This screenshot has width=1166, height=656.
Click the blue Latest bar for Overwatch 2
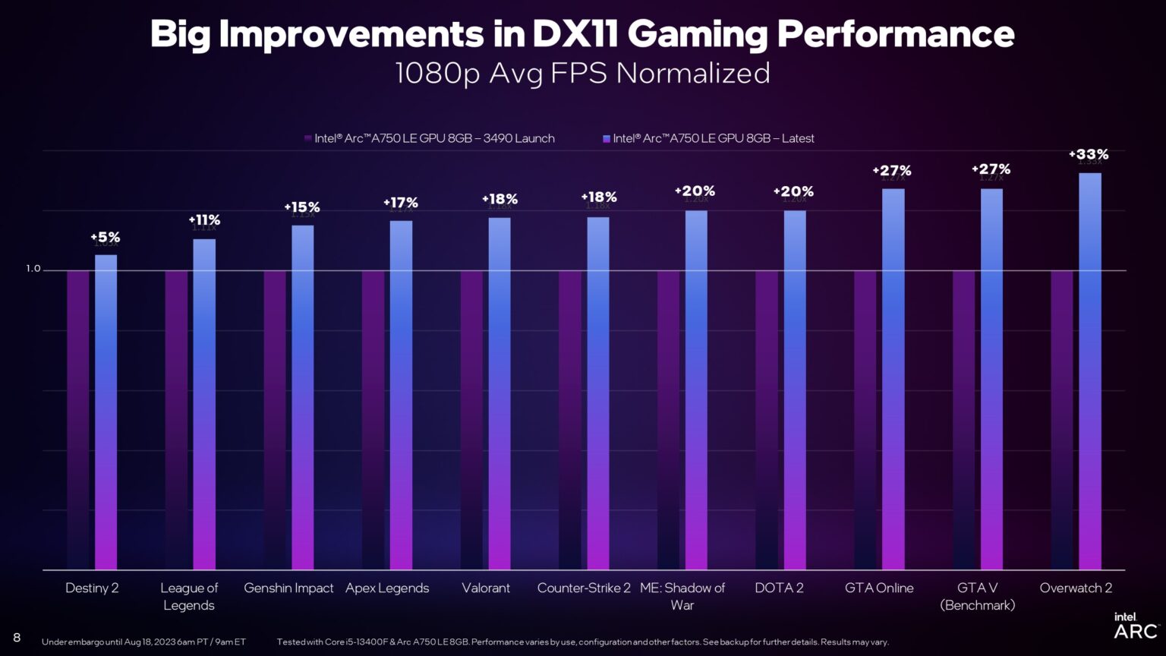pyautogui.click(x=1089, y=372)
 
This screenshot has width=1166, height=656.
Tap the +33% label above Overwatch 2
pyautogui.click(x=1089, y=154)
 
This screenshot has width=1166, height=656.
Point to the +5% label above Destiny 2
pyautogui.click(x=105, y=238)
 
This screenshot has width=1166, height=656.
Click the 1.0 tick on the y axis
pyautogui.click(x=33, y=269)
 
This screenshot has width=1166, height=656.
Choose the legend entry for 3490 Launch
pyautogui.click(x=430, y=138)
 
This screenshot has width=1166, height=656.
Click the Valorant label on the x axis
pyautogui.click(x=486, y=588)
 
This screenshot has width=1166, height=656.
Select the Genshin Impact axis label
pyautogui.click(x=288, y=588)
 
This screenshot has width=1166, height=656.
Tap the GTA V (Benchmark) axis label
pyautogui.click(x=977, y=596)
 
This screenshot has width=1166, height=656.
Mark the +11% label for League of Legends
pyautogui.click(x=204, y=220)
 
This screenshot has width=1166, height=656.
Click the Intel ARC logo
pyautogui.click(x=1135, y=626)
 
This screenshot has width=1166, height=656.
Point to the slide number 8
pyautogui.click(x=17, y=637)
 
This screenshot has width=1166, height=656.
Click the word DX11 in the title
pyautogui.click(x=575, y=34)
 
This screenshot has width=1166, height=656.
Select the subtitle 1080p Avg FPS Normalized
pyautogui.click(x=582, y=74)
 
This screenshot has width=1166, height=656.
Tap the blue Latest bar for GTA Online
pyautogui.click(x=893, y=380)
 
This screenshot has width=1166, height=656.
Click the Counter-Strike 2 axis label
pyautogui.click(x=584, y=588)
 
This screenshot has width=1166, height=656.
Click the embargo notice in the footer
pyautogui.click(x=143, y=642)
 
